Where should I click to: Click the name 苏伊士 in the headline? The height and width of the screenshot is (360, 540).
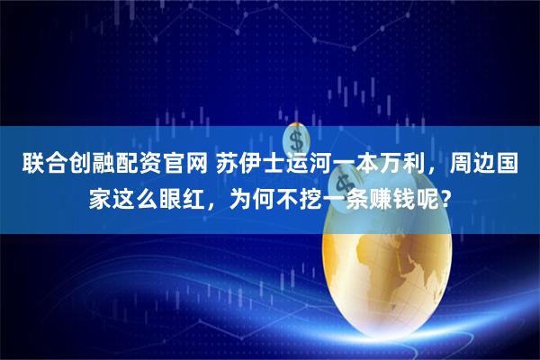click(x=251, y=166)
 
